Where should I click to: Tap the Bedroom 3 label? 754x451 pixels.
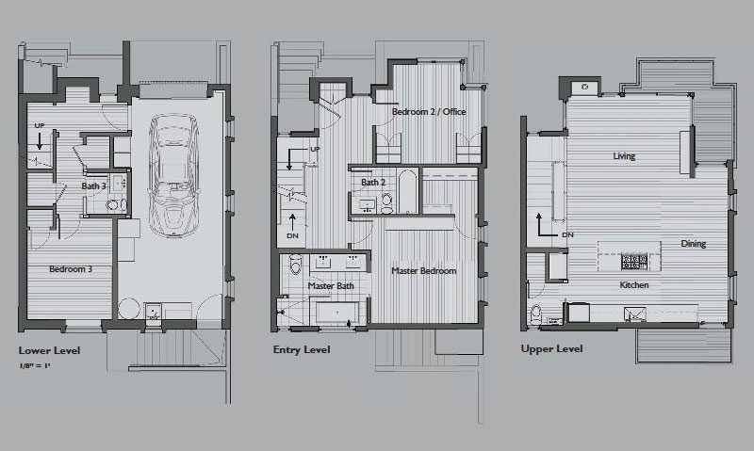[x=70, y=269]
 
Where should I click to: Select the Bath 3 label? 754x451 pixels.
[x=93, y=185]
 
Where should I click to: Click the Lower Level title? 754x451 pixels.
[x=49, y=349]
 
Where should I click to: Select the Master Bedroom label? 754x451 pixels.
[x=424, y=270]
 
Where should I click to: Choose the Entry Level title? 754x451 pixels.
[x=302, y=349]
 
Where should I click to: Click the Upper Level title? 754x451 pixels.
[x=551, y=348]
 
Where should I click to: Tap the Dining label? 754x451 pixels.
[x=694, y=244]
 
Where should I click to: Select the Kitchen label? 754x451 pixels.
[x=633, y=283]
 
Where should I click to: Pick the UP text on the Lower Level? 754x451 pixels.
[x=39, y=125]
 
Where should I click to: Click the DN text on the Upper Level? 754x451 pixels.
[x=567, y=234]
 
